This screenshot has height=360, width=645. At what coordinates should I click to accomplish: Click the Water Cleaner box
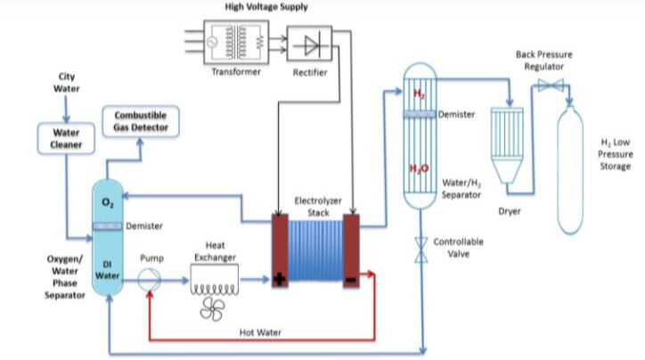click(59, 137)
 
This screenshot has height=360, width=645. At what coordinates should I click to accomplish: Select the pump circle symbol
click(148, 279)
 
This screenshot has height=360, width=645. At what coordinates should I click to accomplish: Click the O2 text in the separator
click(108, 203)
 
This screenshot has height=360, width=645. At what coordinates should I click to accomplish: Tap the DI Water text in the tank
click(108, 269)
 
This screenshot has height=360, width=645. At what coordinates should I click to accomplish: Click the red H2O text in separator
click(419, 169)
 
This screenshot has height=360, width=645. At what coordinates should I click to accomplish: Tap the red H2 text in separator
click(419, 94)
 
